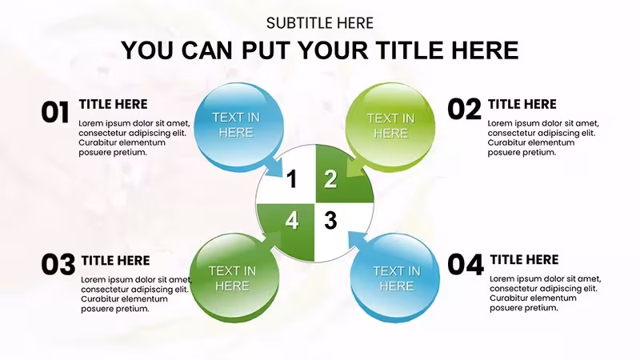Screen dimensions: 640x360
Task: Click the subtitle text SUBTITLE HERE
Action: pos(319,23)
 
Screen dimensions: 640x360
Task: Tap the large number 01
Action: pos(54,112)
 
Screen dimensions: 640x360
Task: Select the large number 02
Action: pos(465,110)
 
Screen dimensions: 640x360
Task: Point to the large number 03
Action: pos(58,264)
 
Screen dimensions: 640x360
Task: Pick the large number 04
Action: pos(466,264)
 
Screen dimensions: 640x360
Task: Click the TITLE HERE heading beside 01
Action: pos(113,104)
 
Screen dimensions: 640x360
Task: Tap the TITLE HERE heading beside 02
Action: pos(522,104)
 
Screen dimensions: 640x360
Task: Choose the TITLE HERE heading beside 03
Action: pos(115,261)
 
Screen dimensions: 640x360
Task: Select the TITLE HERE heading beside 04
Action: pos(524,259)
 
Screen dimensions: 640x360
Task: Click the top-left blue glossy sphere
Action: pos(238,127)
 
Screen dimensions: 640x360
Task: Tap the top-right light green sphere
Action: pos(390,127)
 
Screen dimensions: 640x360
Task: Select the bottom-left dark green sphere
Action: pos(234,278)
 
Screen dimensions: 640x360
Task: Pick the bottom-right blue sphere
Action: pos(395,278)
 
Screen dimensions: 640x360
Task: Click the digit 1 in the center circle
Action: pos(291,178)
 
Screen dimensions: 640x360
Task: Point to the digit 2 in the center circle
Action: pos(330,178)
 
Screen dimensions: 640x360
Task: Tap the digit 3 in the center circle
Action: pos(330,221)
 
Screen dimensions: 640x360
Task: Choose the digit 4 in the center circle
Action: pos(291,221)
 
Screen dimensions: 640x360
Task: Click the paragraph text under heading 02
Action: pos(543,138)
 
